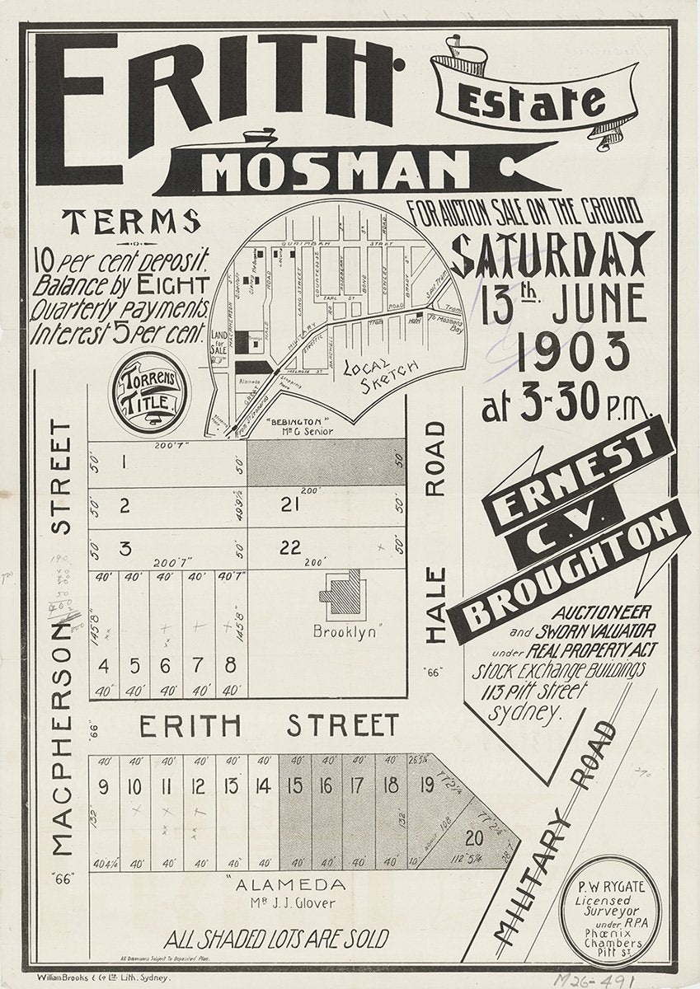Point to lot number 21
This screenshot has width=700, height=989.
coord(289,504)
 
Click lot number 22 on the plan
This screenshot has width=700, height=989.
coord(290,546)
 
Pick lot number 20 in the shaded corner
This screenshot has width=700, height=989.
coord(474,839)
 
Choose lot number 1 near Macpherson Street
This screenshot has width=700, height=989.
coord(123,462)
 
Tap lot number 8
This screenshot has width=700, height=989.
coord(230,664)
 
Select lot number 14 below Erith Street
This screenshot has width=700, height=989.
coord(263,786)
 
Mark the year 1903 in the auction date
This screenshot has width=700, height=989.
coord(557,355)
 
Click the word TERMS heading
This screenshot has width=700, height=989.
coord(132,221)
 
